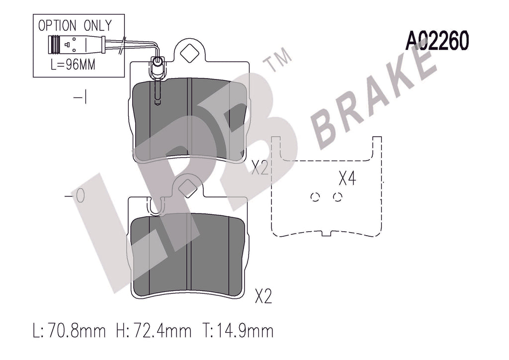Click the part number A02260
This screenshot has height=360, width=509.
point(437,41)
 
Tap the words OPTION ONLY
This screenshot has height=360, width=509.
point(75,25)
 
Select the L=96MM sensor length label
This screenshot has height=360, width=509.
point(73,64)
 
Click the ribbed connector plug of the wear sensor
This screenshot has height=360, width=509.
point(54,44)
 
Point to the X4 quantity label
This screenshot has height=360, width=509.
point(347,179)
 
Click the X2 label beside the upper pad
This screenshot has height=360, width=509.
point(260,168)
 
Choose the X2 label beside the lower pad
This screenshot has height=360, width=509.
point(263,296)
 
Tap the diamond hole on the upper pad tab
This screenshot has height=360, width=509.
point(189,53)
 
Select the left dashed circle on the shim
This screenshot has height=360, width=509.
point(315,197)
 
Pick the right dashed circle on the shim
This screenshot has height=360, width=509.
point(338,197)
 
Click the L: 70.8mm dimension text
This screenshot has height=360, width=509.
point(70,331)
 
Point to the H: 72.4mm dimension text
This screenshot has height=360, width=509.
point(154,331)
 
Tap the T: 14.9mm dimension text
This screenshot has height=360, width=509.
point(238,331)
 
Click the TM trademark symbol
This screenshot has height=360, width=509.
point(279,60)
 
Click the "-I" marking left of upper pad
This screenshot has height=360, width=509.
point(81,97)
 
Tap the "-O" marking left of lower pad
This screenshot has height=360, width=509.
point(75,196)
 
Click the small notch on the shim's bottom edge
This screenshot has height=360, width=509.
point(326,233)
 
